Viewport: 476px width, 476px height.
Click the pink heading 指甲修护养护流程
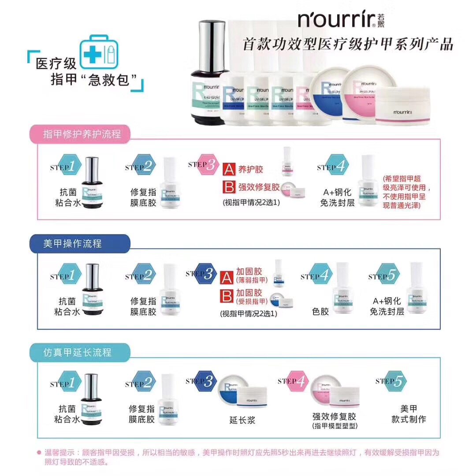click(x=82, y=134)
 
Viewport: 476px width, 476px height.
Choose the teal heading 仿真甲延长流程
click(x=77, y=352)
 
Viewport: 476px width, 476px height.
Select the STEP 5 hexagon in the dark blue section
click(x=390, y=276)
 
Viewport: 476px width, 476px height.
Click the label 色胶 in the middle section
click(x=320, y=311)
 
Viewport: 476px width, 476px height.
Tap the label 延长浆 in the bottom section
click(x=242, y=420)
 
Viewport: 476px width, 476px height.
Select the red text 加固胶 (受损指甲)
click(x=249, y=297)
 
